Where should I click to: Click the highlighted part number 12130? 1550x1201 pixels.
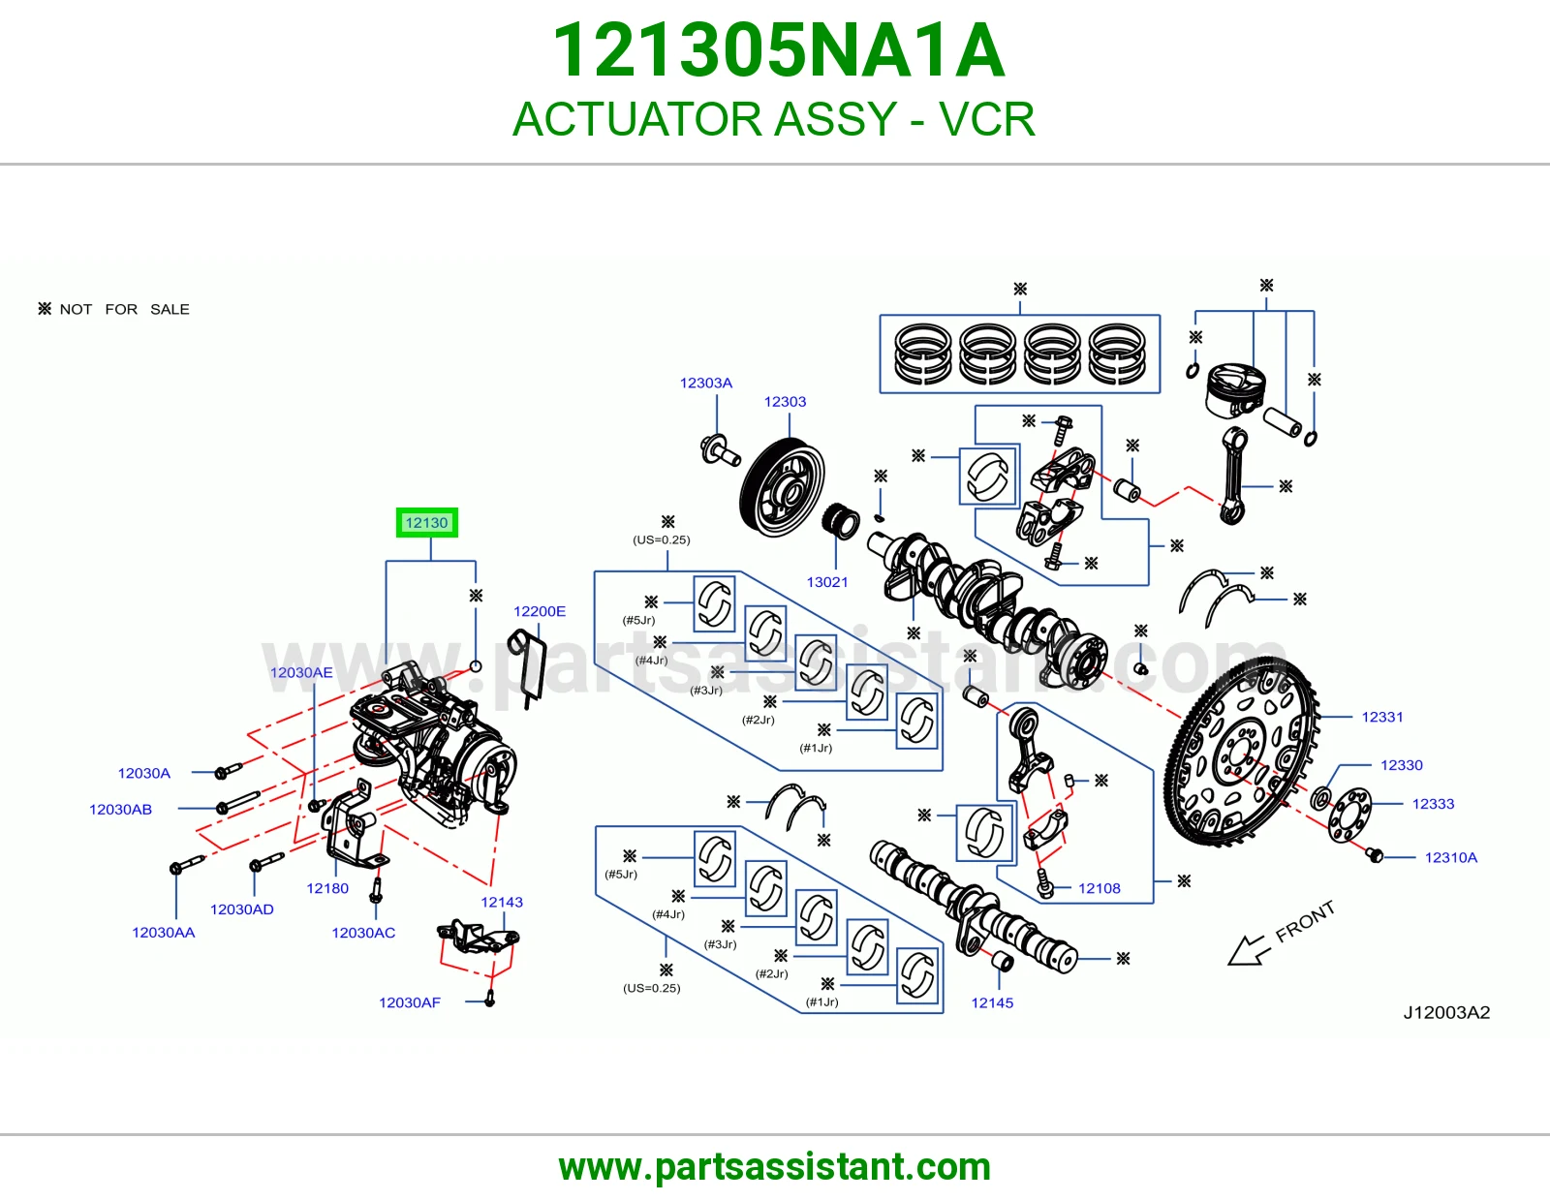coord(426,523)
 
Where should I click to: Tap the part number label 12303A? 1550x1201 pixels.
coord(705,383)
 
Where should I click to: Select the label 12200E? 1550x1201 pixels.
coord(540,611)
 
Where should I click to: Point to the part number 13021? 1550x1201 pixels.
coord(826,582)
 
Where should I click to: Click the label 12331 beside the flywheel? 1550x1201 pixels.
coord(1381,717)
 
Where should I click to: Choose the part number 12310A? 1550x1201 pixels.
coord(1450,857)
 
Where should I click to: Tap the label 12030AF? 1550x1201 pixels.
coord(410,1002)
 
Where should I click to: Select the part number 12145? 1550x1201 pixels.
coord(991,1002)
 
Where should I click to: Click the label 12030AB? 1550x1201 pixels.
coord(120,810)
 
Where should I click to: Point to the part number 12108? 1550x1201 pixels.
coord(1100,888)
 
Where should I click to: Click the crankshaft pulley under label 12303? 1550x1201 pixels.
coord(782,488)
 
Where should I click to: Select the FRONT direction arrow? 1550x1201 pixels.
coord(1250,951)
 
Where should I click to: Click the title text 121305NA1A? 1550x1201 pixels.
coord(778,50)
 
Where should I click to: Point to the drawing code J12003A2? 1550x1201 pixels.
coord(1445,1013)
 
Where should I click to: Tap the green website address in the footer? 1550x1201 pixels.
coord(775,1167)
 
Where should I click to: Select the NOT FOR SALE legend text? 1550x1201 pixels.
coord(124,310)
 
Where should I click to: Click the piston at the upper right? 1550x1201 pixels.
coord(1235,391)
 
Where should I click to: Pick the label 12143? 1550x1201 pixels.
coord(502,902)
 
